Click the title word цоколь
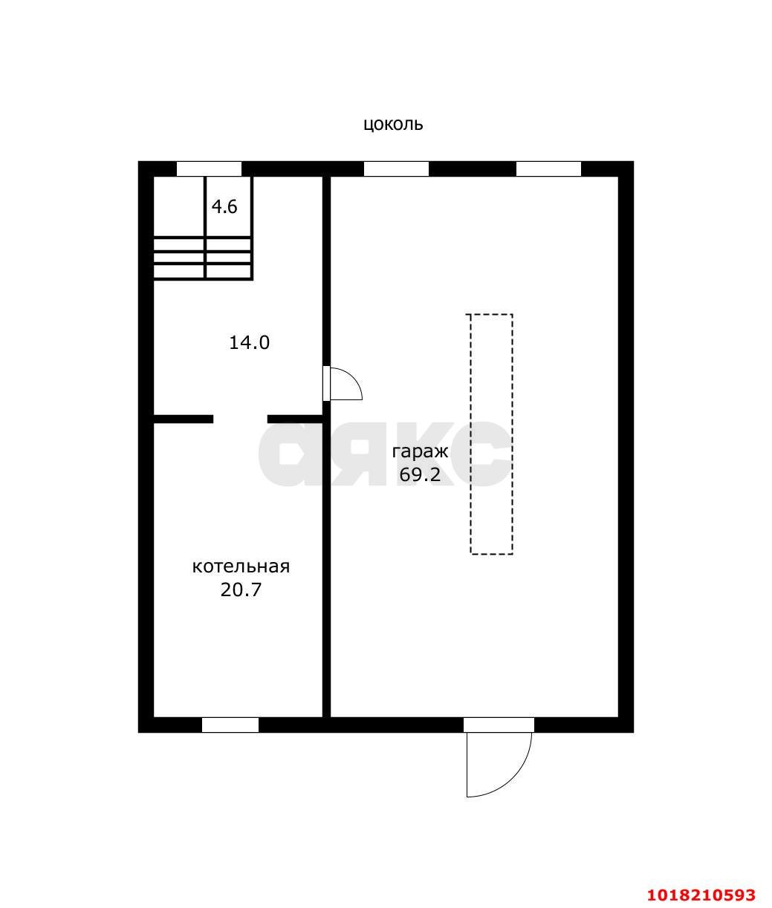[x=393, y=125]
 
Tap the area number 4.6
[x=224, y=206]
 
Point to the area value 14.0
[x=249, y=342]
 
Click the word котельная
[x=241, y=566]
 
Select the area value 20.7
[x=241, y=590]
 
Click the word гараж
[x=420, y=451]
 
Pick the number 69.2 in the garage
[x=420, y=474]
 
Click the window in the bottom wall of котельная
[x=230, y=725]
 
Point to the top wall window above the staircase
[x=209, y=169]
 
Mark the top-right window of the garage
[x=548, y=169]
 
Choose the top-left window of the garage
[x=396, y=169]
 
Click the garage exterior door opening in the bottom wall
[x=499, y=725]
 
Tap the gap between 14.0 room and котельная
[x=241, y=419]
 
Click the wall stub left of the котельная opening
[x=184, y=419]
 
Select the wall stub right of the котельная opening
[x=295, y=419]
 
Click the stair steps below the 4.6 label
[x=202, y=258]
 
